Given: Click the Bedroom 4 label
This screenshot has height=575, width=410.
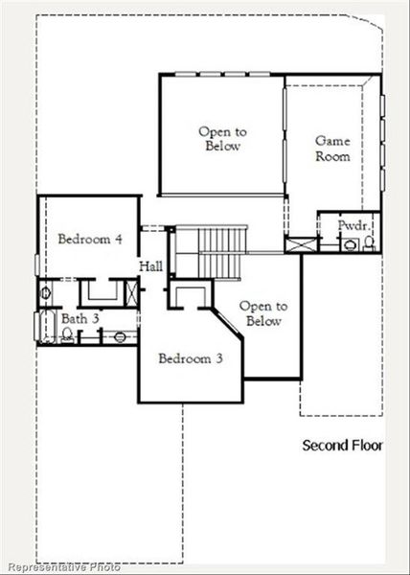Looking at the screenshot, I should (x=89, y=239).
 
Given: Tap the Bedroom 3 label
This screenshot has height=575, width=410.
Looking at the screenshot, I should (x=191, y=358).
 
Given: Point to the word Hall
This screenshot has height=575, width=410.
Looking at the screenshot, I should (x=150, y=265).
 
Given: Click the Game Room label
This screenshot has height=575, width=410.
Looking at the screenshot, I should (x=332, y=148).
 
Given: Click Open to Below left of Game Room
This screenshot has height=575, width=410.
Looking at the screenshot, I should (x=219, y=139).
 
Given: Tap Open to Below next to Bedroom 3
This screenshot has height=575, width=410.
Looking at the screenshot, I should (x=261, y=313).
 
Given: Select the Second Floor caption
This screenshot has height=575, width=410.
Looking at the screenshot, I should (x=342, y=446).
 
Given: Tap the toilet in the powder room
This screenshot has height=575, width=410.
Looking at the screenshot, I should (x=368, y=243).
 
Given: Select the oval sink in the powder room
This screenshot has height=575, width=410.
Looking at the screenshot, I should (x=348, y=245).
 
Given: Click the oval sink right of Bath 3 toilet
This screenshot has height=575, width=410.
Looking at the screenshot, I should (x=118, y=335).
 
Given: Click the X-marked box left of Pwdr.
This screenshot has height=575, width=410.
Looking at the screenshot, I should (x=301, y=243).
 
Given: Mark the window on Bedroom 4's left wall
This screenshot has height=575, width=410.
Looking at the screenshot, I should (x=38, y=261).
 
